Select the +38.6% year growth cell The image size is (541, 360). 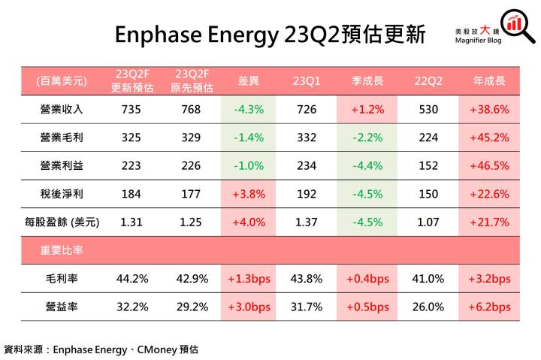489,110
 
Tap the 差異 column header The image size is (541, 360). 249,80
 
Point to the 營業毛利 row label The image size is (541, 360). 62,138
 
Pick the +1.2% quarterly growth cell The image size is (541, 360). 367,110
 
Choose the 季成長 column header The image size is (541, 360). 367,80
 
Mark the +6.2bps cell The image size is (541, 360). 489,307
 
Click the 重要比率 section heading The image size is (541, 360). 62,251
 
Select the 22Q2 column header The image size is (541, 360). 428,80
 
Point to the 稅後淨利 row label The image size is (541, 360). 62,194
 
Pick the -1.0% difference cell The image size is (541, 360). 249,166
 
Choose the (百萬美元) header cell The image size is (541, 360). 62,80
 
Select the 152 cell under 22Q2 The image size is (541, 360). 428,166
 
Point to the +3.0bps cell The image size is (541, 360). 249,307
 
